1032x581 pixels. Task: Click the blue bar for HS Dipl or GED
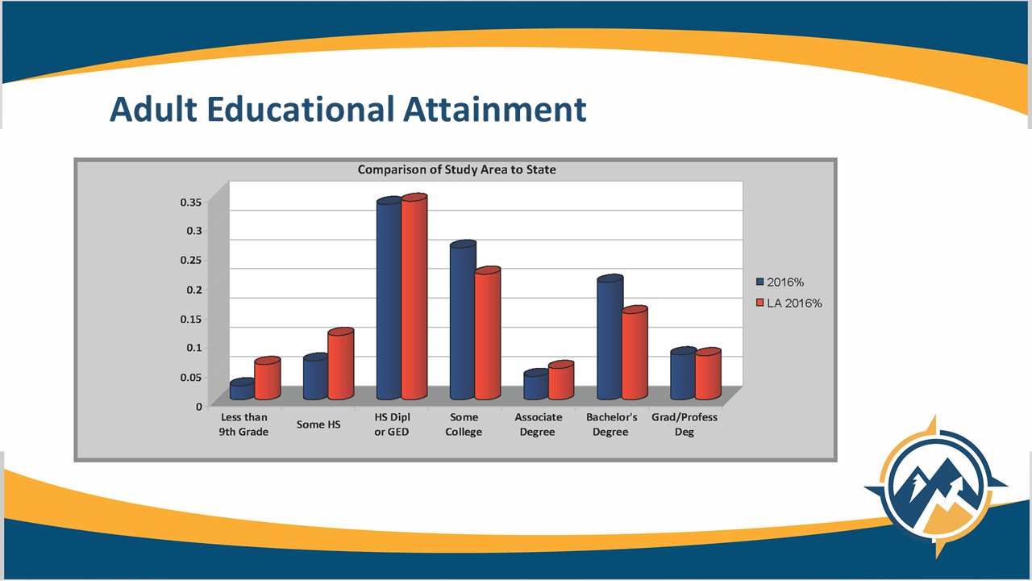tap(389, 299)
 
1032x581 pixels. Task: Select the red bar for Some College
tap(488, 333)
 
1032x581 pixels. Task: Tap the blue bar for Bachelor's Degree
tap(610, 337)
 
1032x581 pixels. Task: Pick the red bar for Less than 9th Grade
tap(267, 378)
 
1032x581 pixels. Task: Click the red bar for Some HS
tap(341, 364)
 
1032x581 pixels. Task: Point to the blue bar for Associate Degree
tap(536, 384)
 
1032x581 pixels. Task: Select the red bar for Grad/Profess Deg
tap(708, 374)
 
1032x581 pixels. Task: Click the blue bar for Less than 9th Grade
tap(243, 389)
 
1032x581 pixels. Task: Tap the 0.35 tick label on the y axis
tap(191, 202)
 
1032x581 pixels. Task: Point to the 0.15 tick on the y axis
tap(191, 319)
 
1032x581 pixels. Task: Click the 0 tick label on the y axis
tap(199, 407)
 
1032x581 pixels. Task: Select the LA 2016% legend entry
tap(789, 303)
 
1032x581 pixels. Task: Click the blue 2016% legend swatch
tap(760, 282)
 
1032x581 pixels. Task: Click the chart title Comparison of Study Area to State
tap(457, 169)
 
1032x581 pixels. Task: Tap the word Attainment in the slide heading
tap(495, 109)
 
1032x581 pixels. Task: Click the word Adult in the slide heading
tap(153, 109)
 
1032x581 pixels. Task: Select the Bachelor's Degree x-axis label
tap(611, 424)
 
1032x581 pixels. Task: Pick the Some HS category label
tap(318, 424)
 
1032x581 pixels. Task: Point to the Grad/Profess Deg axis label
tap(685, 424)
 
